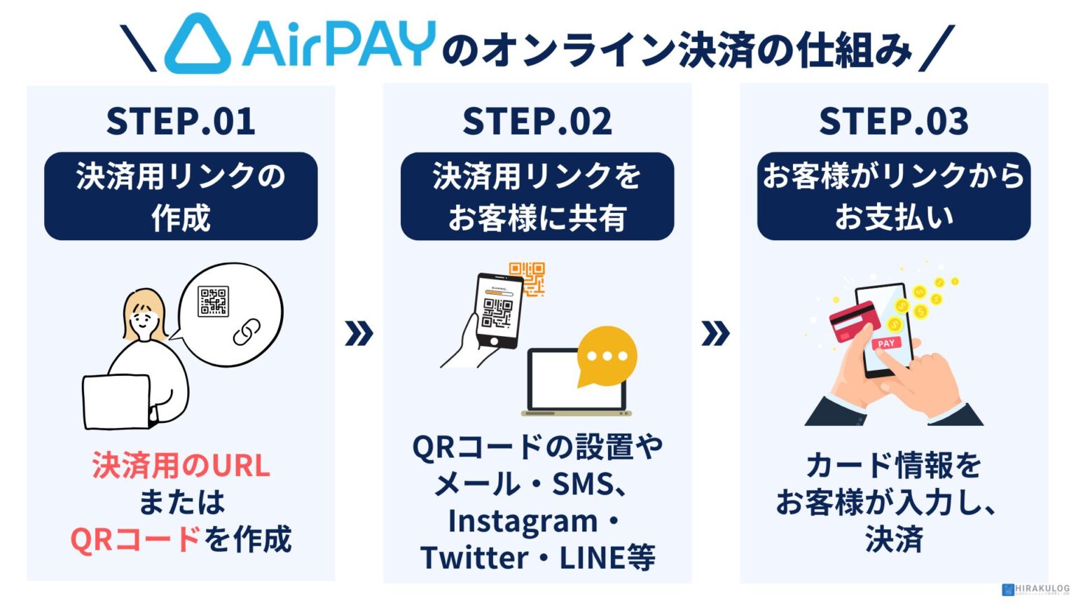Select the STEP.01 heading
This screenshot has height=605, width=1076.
(181, 121)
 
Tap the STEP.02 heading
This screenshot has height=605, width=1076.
(537, 121)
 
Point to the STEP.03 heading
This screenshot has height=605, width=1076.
(894, 121)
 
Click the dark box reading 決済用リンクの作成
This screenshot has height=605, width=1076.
(181, 197)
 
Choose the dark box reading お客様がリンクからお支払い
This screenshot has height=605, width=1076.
(894, 197)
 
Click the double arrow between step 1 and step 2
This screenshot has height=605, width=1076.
(359, 333)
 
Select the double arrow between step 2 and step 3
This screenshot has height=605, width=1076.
(715, 333)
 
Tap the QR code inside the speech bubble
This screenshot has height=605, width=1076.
(213, 301)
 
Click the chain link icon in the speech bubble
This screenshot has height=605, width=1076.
(247, 332)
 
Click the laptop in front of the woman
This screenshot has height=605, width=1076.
(116, 401)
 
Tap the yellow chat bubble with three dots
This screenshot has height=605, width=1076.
(607, 356)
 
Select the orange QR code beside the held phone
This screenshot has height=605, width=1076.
(527, 278)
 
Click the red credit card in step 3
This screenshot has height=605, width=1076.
(855, 321)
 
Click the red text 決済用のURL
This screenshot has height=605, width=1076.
(181, 466)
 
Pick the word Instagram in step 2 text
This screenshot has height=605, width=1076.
(523, 521)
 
